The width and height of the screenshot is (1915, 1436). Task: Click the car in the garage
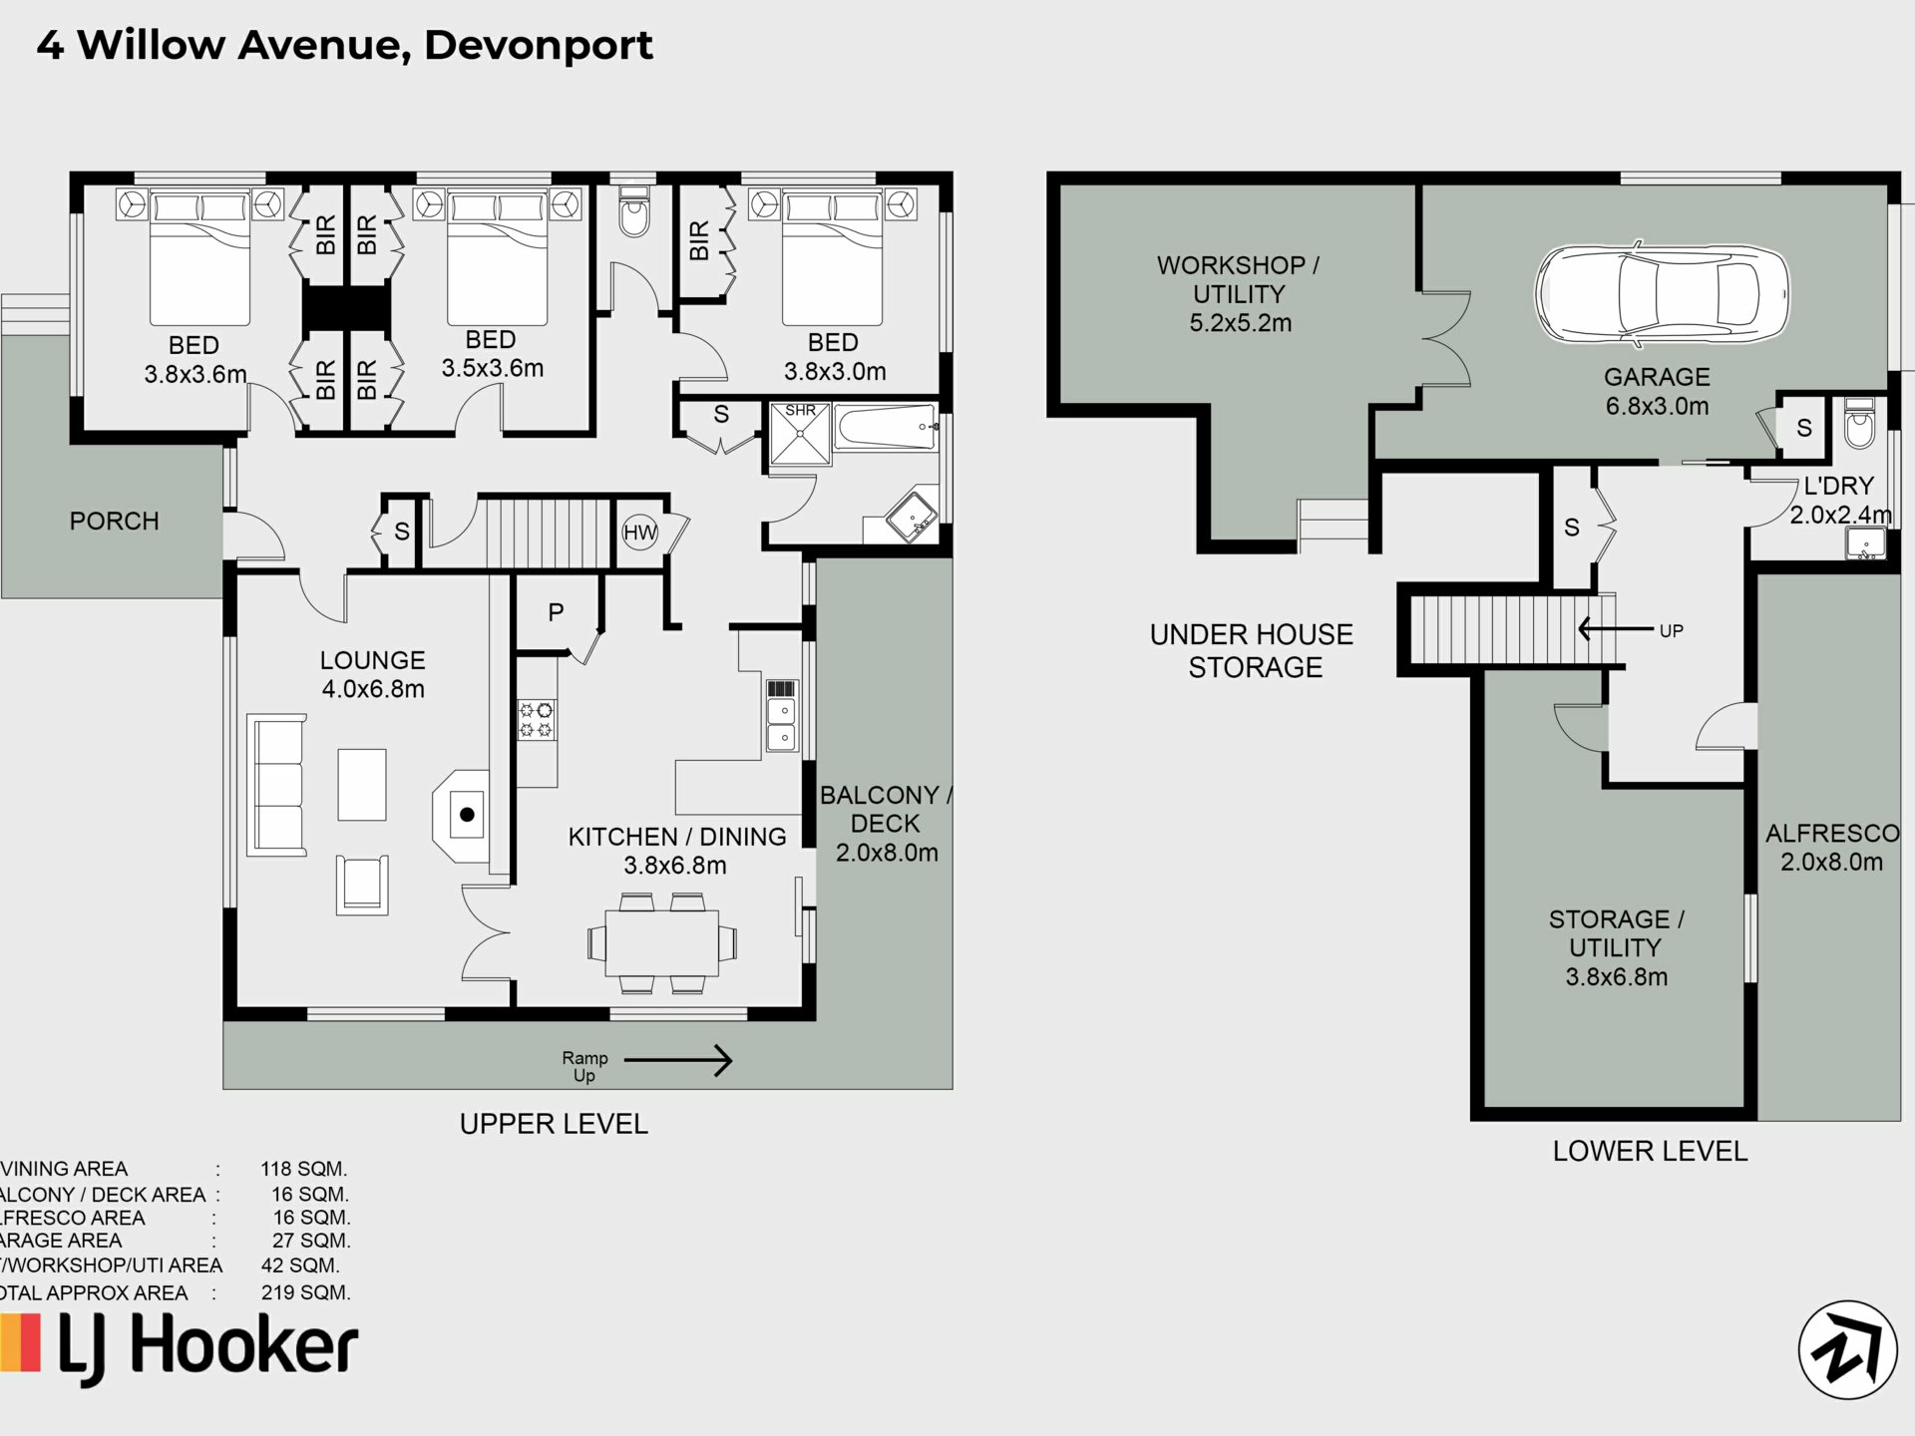[1662, 294]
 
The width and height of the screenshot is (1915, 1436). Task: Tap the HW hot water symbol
[639, 533]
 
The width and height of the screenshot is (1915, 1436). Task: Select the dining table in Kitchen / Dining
[662, 942]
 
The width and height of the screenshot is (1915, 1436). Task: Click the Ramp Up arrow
[678, 1060]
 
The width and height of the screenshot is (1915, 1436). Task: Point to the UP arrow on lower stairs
[1616, 629]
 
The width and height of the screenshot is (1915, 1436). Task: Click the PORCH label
[114, 521]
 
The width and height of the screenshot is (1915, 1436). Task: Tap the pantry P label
[556, 612]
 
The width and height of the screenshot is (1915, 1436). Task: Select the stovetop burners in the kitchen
[537, 720]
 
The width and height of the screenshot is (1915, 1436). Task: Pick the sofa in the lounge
[276, 785]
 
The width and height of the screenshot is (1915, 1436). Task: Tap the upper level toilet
[633, 211]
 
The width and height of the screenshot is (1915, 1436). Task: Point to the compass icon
[1847, 1349]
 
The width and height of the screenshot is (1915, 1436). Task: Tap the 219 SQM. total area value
[305, 1292]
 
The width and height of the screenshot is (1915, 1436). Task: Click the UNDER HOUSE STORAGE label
[1252, 651]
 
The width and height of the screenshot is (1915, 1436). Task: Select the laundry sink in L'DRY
[1865, 543]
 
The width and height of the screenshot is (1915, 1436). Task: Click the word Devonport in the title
[539, 46]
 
